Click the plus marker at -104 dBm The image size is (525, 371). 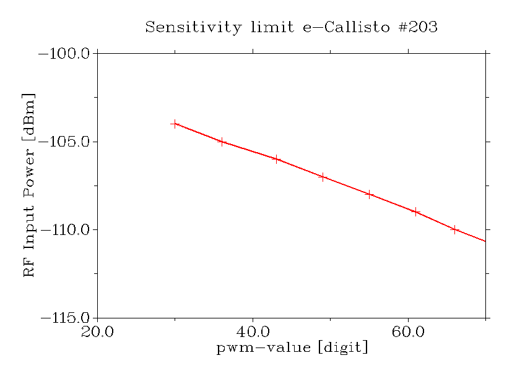[x=175, y=124]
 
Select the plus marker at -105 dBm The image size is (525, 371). [x=222, y=142]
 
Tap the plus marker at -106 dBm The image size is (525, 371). [x=276, y=159]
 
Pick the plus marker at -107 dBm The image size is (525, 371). [x=323, y=177]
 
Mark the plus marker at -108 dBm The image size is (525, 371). [x=369, y=194]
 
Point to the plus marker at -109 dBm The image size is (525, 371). [x=415, y=212]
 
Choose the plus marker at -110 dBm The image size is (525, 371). [x=454, y=229]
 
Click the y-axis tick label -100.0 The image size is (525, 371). [x=65, y=54]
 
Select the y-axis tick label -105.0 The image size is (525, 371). [x=65, y=142]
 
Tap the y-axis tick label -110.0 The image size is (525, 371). [x=65, y=230]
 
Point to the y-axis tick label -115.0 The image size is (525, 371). [x=65, y=318]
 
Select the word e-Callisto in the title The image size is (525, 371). [x=338, y=27]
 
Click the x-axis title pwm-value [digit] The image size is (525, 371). [x=292, y=348]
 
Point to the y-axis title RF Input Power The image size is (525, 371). [x=29, y=185]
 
